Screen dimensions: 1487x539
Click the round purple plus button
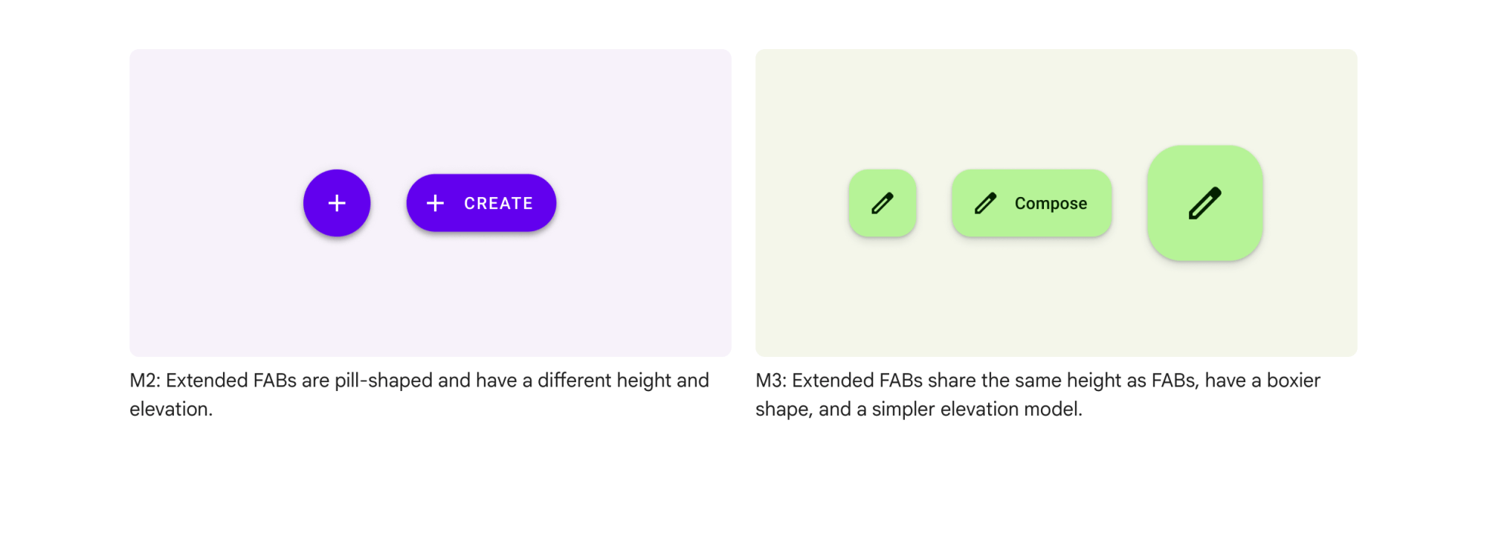coord(337,203)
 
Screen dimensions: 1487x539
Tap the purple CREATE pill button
coord(481,203)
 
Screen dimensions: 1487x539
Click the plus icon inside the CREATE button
coord(435,203)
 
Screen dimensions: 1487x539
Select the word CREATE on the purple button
coord(498,204)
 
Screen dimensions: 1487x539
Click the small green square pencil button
coord(883,203)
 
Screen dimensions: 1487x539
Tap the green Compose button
coord(1032,203)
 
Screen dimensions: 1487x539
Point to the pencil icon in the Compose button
coord(985,203)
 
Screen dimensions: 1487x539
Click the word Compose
coord(1051,204)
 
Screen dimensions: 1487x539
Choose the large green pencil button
coord(1205,203)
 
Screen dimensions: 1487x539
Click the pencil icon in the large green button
coord(1205,203)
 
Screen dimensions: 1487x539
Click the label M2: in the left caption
coord(145,381)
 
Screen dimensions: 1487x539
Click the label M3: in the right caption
coord(771,381)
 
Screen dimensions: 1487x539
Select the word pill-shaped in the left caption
coord(384,381)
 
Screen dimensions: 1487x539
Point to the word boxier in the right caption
coord(1294,381)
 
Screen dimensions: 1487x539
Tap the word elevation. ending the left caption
coord(171,410)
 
